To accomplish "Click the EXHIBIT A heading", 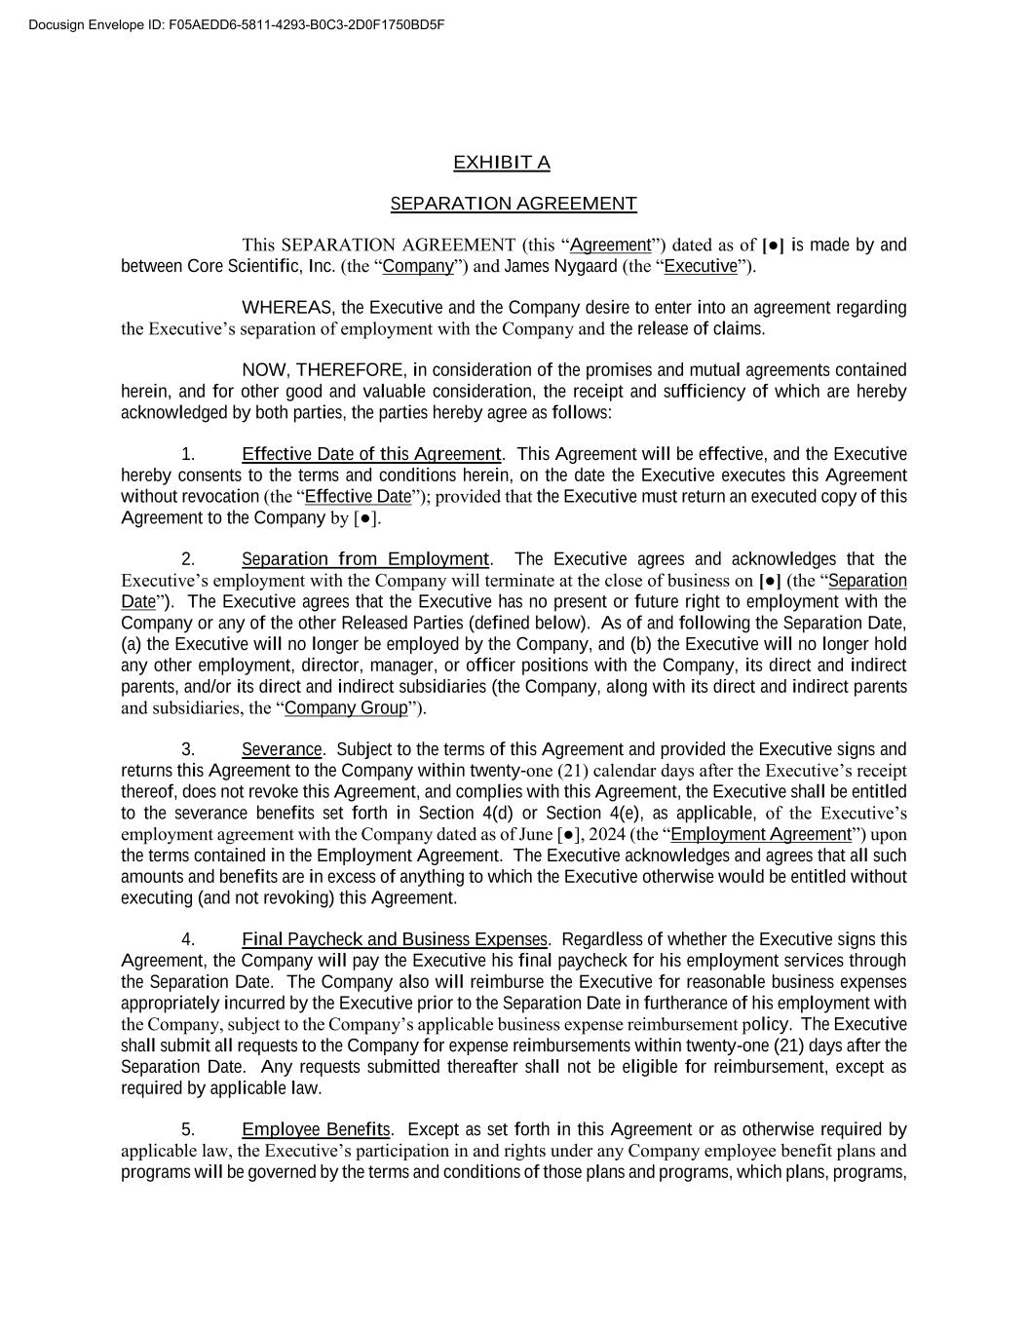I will point(501,163).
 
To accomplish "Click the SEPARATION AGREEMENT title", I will point(514,204).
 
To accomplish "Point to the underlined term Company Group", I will point(346,708).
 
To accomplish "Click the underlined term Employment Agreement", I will point(761,834).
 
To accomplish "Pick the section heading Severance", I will point(282,749).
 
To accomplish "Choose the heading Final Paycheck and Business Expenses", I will point(395,939).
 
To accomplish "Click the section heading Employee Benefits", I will point(316,1129).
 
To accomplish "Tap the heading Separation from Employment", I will point(364,559).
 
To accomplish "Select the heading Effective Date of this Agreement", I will point(370,454).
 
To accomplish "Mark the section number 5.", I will point(188,1129).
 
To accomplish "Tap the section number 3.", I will point(188,749).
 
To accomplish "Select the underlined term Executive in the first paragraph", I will point(701,266).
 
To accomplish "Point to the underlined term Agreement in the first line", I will point(610,245).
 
